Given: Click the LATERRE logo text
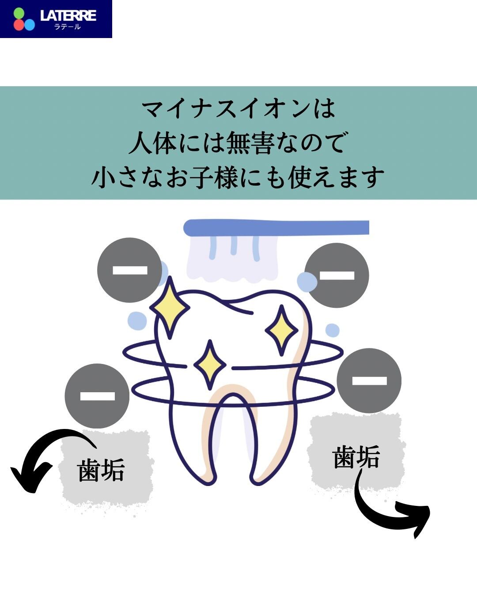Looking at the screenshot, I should click(x=68, y=15).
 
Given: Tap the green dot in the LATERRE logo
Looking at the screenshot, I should click(x=19, y=13).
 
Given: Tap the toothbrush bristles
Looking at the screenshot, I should click(x=232, y=258).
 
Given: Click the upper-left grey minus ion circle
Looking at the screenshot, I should click(x=130, y=270).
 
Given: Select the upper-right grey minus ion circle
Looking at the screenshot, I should click(x=337, y=276).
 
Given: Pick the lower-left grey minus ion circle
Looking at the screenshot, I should click(x=97, y=396).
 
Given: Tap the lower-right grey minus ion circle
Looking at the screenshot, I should click(x=369, y=381).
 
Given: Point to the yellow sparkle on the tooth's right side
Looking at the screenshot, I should click(x=281, y=330).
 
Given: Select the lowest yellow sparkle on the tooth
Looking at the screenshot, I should click(x=210, y=365).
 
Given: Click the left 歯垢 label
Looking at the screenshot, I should click(x=101, y=470).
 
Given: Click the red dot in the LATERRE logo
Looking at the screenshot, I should click(x=19, y=25).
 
